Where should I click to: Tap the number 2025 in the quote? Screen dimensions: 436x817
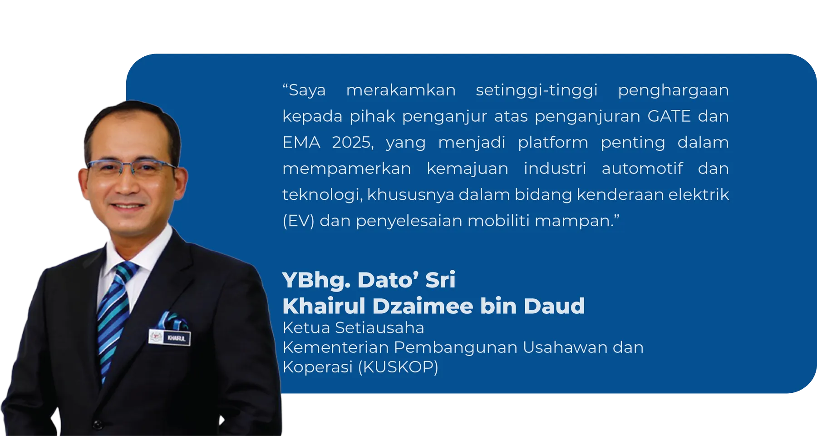click(352, 143)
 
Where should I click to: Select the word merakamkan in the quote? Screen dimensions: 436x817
click(401, 90)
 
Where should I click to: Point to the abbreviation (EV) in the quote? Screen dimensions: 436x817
click(298, 221)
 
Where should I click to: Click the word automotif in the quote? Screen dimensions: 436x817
click(642, 168)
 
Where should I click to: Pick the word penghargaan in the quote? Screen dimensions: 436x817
click(673, 90)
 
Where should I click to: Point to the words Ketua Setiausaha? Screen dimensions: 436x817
click(353, 327)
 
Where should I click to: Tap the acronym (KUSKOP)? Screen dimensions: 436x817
click(398, 367)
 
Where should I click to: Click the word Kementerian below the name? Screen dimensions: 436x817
click(335, 347)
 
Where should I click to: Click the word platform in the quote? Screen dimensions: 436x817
click(552, 143)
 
